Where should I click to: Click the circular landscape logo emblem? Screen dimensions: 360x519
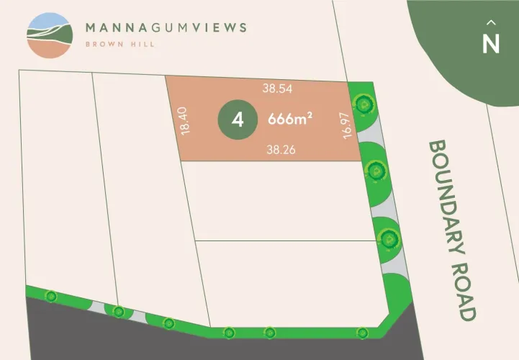coord(49,35)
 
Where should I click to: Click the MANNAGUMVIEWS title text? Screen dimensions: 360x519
coord(166,28)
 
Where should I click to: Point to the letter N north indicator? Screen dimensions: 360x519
coord(491,43)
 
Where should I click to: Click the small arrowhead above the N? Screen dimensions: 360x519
coord(491,22)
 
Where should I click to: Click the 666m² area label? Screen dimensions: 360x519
coord(288,120)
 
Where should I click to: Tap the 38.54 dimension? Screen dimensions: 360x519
coord(276,89)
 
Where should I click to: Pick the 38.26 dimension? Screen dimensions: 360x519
coord(280,150)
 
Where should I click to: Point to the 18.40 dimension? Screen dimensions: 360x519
coord(186,120)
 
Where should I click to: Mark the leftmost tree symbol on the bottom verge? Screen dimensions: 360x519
coord(50,296)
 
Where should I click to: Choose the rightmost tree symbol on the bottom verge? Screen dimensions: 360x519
coord(362,332)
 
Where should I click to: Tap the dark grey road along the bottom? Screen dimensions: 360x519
coord(144,342)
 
